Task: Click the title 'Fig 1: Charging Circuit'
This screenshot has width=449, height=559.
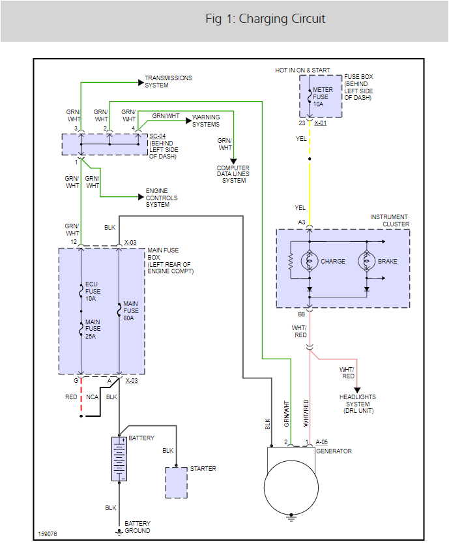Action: pyautogui.click(x=265, y=18)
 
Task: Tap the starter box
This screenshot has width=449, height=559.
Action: pyautogui.click(x=176, y=483)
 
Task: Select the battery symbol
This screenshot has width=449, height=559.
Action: pyautogui.click(x=119, y=460)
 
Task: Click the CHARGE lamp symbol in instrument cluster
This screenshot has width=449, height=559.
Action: pyautogui.click(x=310, y=261)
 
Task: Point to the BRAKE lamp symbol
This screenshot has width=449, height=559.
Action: pyautogui.click(x=368, y=261)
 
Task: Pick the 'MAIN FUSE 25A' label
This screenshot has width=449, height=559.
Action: pyautogui.click(x=92, y=329)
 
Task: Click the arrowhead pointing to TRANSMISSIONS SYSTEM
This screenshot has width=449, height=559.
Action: pyautogui.click(x=140, y=82)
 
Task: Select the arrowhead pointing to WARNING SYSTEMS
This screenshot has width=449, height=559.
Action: pyautogui.click(x=188, y=121)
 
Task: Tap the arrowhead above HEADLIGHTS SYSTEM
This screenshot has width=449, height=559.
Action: pyautogui.click(x=357, y=389)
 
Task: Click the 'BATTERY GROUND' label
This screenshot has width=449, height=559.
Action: pyautogui.click(x=137, y=527)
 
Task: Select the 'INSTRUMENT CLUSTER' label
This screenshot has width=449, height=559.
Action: pyautogui.click(x=389, y=220)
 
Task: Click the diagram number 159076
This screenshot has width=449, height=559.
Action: pyautogui.click(x=48, y=534)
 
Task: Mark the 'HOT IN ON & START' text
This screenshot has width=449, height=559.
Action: pyautogui.click(x=302, y=70)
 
